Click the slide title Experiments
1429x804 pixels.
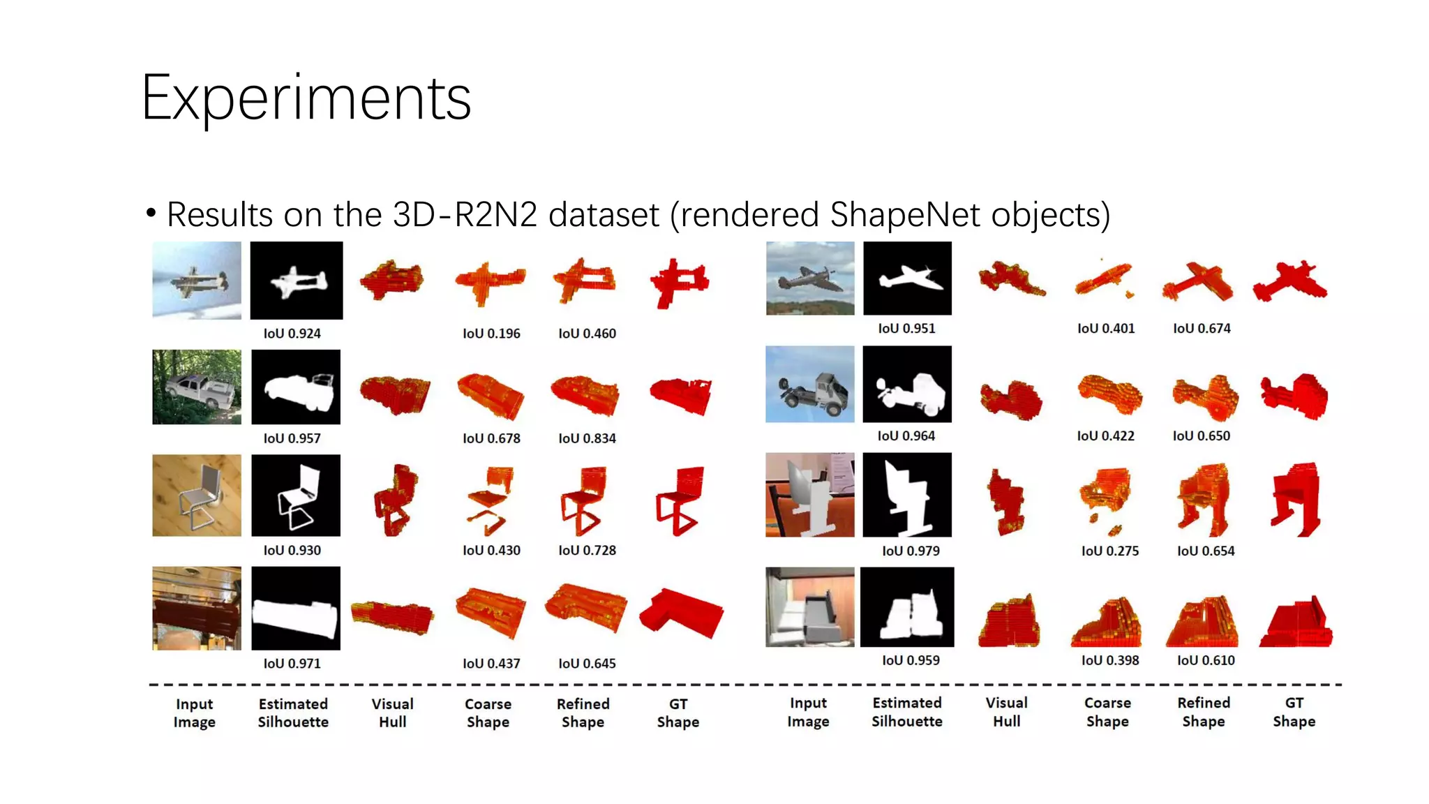[x=306, y=98]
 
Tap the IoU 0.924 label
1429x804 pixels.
[x=292, y=334]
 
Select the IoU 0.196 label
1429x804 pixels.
[x=491, y=334]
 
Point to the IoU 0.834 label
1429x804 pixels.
[x=587, y=438]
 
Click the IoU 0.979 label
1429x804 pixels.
[x=911, y=551]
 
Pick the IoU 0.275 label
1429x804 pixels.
[x=1109, y=551]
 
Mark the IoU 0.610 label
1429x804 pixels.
[x=1206, y=660]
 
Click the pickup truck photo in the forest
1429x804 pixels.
[x=197, y=387]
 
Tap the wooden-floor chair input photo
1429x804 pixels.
[x=197, y=496]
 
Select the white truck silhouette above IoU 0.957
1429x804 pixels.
[x=296, y=387]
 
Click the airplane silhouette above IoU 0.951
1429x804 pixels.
[x=907, y=278]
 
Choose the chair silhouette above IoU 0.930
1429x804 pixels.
[x=296, y=496]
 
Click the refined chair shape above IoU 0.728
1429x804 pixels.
[x=583, y=500]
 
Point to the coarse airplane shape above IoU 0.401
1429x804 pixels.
[x=1104, y=278]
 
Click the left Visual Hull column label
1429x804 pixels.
[x=392, y=713]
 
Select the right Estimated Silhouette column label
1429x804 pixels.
[x=906, y=712]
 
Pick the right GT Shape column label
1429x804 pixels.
[x=1294, y=712]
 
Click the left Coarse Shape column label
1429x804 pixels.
[x=488, y=713]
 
